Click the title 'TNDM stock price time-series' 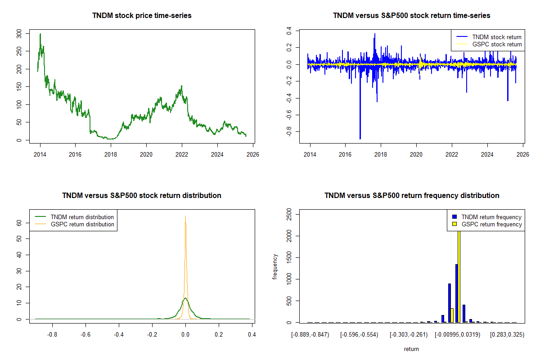[x=142, y=16]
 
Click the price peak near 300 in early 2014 [x=40, y=34]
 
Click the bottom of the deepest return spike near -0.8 [x=360, y=139]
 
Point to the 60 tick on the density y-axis [x=19, y=222]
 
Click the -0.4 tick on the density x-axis [x=119, y=334]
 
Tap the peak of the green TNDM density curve [x=185, y=298]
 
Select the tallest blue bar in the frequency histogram [x=456, y=293]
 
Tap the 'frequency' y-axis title [x=275, y=267]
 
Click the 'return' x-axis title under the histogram [x=411, y=349]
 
